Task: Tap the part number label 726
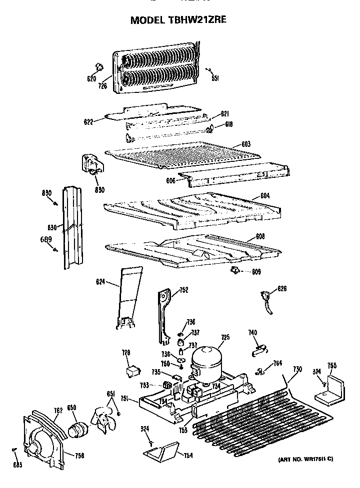pyautogui.click(x=102, y=85)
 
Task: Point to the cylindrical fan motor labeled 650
pyautogui.click(x=77, y=429)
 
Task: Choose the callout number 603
pyautogui.click(x=245, y=144)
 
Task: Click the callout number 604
pyautogui.click(x=264, y=196)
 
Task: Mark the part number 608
pyautogui.click(x=260, y=236)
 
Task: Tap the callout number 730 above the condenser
pyautogui.click(x=297, y=369)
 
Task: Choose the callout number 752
pyautogui.click(x=183, y=289)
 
